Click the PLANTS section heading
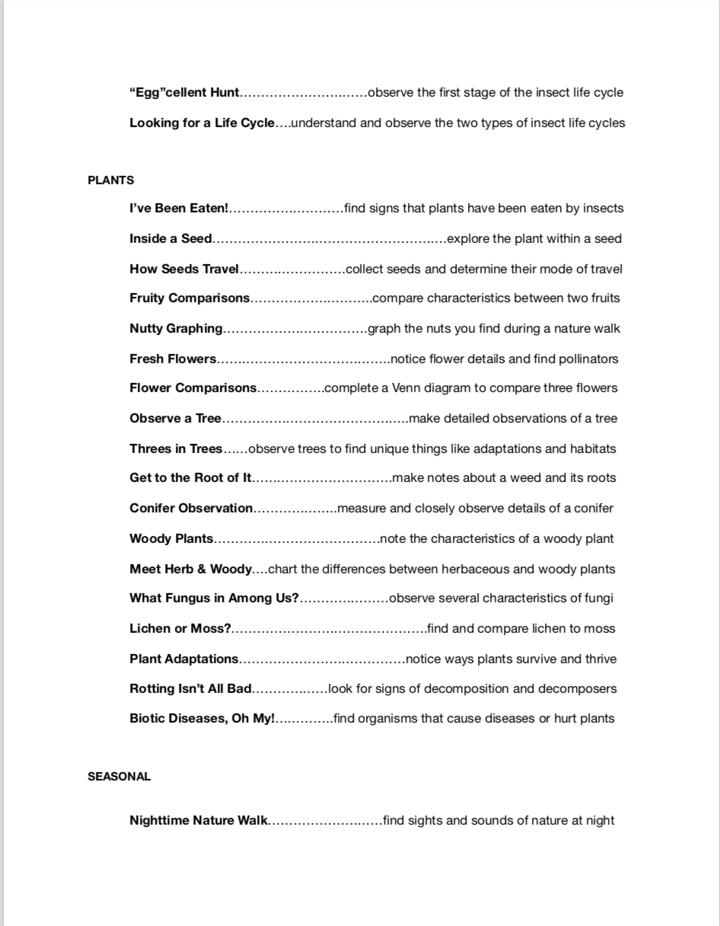(110, 180)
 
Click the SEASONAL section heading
(119, 777)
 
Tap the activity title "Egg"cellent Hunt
(184, 93)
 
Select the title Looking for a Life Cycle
(202, 123)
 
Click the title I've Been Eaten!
(179, 208)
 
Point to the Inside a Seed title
(170, 238)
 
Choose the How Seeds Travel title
(184, 269)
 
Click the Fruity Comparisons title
(190, 298)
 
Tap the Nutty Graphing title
(176, 328)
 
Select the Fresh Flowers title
(173, 359)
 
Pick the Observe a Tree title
(175, 418)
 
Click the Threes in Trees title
(176, 449)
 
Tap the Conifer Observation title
(191, 508)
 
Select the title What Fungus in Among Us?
(214, 598)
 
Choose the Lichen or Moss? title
(180, 628)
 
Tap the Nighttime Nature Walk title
(199, 820)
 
